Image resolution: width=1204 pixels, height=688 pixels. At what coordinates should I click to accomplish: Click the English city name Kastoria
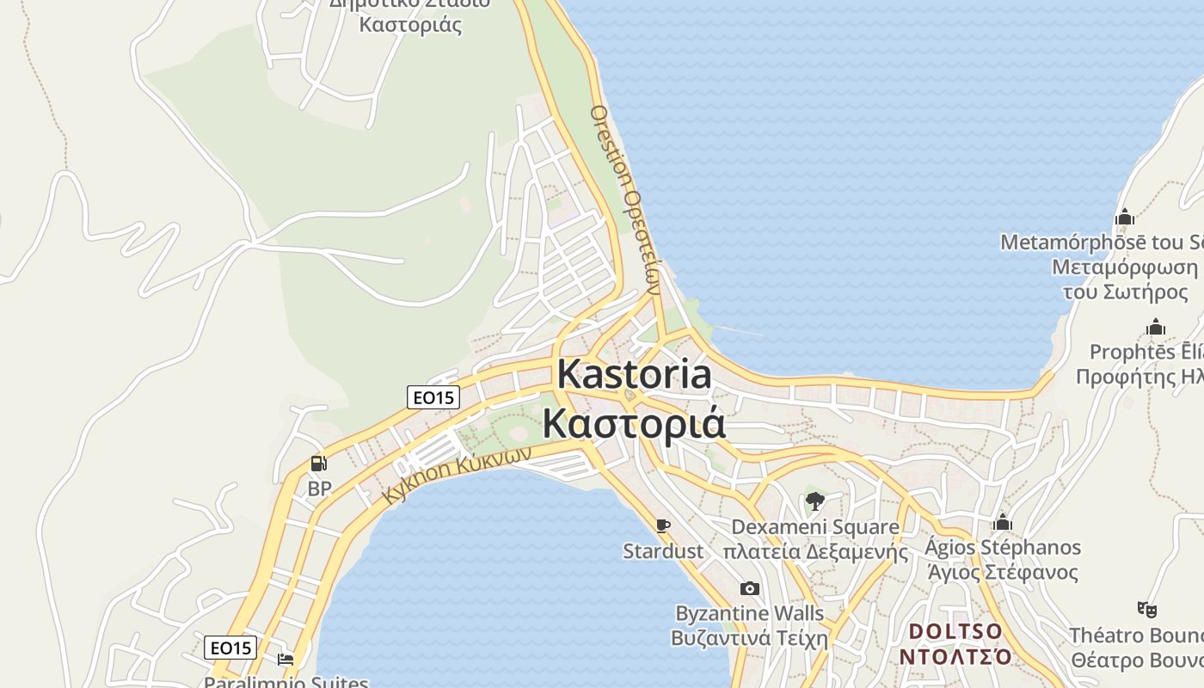[x=635, y=376]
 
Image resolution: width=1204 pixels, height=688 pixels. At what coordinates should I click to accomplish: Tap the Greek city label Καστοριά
[x=633, y=424]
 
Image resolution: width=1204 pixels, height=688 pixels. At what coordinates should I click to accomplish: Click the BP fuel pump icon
[x=318, y=464]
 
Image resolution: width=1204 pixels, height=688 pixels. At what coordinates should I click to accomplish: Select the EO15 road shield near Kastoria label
[x=433, y=397]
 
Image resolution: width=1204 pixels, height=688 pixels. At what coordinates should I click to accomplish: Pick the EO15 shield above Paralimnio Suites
[x=230, y=648]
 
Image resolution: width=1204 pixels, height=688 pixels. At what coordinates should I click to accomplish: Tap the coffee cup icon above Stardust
[x=662, y=525]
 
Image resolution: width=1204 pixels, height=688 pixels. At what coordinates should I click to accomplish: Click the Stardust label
[x=663, y=551]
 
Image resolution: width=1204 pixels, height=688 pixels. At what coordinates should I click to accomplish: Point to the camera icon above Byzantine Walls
[x=750, y=589]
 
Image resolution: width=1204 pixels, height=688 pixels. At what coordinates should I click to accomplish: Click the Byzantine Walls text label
[x=750, y=614]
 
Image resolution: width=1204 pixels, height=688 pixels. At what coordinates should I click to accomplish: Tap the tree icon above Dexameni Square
[x=815, y=501]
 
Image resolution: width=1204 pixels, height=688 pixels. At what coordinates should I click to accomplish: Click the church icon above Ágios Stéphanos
[x=1002, y=523]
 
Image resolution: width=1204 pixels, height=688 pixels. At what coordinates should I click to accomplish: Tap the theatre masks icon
[x=1146, y=610]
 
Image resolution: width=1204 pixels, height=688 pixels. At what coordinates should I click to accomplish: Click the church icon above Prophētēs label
[x=1156, y=328]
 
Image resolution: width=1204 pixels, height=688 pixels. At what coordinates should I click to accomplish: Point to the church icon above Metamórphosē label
[x=1124, y=218]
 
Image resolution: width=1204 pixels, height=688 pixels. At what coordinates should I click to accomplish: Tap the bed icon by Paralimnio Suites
[x=286, y=660]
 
